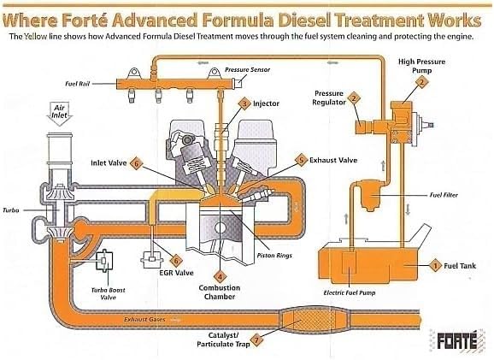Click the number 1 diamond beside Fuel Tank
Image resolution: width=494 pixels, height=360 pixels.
[x=435, y=266]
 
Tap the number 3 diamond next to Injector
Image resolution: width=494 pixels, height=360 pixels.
[x=244, y=103]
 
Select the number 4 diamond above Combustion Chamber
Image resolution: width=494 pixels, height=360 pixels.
[x=220, y=277]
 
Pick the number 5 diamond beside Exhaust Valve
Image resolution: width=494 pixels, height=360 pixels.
[x=302, y=160]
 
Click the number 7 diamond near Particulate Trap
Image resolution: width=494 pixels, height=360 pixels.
[x=256, y=340]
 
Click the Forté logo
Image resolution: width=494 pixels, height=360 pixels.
[x=457, y=340]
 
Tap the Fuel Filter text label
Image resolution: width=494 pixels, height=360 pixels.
[x=444, y=195]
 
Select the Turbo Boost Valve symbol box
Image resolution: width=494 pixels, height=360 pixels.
[x=104, y=261]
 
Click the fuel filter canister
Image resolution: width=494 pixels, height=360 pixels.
[x=372, y=194]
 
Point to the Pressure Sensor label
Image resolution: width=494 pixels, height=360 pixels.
[x=247, y=69]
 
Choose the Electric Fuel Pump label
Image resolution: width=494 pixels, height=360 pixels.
[x=350, y=292]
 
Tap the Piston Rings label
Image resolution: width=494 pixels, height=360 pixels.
[x=274, y=256]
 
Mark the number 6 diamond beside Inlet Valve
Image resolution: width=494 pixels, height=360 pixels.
[x=136, y=163]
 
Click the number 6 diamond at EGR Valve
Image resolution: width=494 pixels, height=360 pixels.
[x=176, y=261]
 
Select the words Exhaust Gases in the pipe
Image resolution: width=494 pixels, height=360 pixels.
[x=144, y=319]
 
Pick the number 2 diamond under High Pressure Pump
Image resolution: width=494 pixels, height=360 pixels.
[x=421, y=83]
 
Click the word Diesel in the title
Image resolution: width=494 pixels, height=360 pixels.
[x=304, y=21]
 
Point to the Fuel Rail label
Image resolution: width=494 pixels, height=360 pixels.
[x=78, y=84]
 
